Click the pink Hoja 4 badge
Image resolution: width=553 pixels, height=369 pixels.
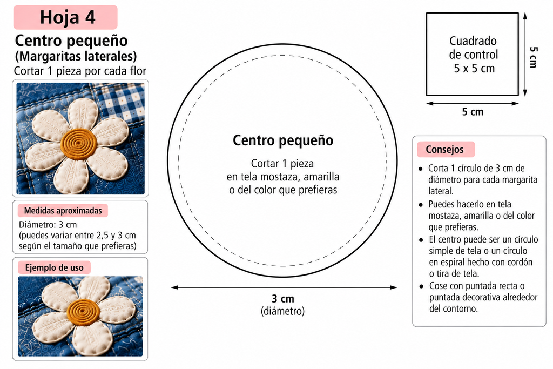pos(65,17)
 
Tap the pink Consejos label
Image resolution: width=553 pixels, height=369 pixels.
pos(446,149)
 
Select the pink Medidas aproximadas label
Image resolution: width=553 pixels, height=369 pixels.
pos(63,211)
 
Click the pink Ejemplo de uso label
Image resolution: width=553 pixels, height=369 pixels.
pos(55,267)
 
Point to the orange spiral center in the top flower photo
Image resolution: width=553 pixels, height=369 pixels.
pos(78,144)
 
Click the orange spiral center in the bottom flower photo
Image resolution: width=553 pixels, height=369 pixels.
pos(84,312)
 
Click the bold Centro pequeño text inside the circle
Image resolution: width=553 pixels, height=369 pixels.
pos(283,140)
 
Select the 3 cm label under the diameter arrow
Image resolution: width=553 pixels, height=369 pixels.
pos(283,298)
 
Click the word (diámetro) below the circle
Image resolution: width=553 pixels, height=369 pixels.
pos(282,311)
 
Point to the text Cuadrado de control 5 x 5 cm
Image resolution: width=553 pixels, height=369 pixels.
pos(474,55)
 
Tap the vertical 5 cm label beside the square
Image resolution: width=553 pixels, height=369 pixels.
pos(534,57)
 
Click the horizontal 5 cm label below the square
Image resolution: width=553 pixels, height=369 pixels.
pos(473,112)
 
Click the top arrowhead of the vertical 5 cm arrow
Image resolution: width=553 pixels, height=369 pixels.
pos(525,16)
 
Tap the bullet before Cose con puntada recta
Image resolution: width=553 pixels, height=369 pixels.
pos(421,286)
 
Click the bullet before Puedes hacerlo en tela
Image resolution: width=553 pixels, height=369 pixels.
pos(420,205)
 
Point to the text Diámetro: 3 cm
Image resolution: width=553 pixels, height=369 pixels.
pos(48,225)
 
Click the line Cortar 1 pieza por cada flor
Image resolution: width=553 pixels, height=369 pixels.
pos(80,71)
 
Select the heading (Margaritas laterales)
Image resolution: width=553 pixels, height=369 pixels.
pos(76,56)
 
